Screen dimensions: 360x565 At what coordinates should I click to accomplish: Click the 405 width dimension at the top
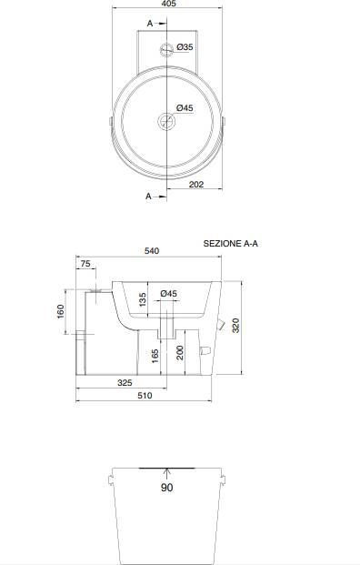point(169,4)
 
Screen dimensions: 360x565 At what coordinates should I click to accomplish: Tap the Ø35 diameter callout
point(185,47)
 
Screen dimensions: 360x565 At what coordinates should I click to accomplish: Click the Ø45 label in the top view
point(185,107)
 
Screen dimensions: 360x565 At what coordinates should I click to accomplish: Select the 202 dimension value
point(196,185)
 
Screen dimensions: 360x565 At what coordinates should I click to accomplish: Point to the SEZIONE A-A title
point(230,244)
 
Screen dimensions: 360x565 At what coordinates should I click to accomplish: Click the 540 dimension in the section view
point(152,251)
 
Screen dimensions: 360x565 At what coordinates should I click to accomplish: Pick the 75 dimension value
point(85,264)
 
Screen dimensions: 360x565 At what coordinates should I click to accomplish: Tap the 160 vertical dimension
point(61,311)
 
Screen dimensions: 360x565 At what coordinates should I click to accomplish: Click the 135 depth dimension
point(143,300)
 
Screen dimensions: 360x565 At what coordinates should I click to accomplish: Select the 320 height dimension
point(235,326)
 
